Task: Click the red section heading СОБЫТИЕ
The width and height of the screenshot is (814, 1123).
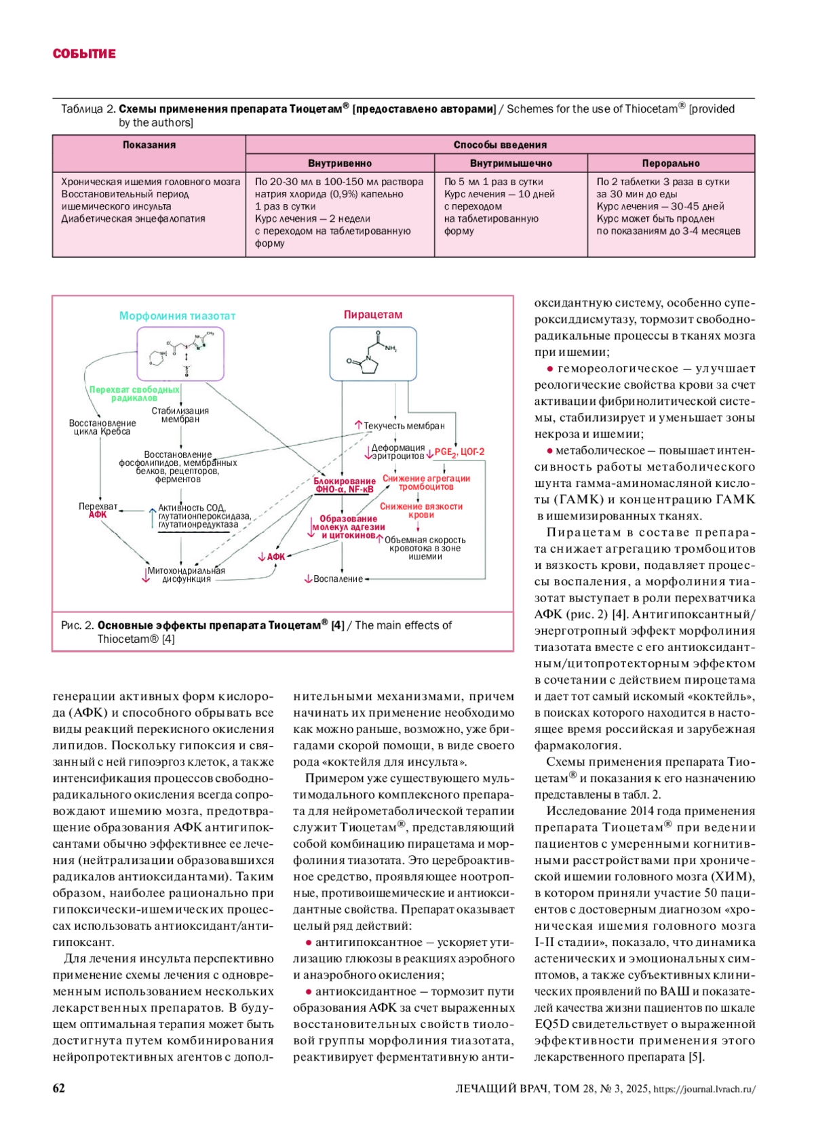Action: (84, 54)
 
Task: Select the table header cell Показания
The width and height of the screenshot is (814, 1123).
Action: (149, 144)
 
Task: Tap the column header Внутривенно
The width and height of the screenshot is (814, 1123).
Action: (340, 163)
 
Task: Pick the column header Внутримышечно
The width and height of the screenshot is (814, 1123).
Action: (511, 163)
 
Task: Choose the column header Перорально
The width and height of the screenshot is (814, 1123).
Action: (670, 163)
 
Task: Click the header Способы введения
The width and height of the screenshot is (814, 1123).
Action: (500, 144)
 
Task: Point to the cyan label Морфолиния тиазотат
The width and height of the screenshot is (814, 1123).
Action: (178, 315)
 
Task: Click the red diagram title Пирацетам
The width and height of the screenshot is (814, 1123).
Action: (372, 315)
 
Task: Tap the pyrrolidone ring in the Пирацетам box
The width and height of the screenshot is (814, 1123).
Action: (367, 365)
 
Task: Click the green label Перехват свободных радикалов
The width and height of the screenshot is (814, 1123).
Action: (134, 394)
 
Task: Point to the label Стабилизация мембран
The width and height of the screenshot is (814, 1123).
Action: (180, 415)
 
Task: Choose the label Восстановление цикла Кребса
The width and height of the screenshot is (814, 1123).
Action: (102, 427)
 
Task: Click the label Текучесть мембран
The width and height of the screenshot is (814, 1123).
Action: (404, 426)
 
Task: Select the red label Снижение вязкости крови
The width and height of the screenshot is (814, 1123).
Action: (421, 510)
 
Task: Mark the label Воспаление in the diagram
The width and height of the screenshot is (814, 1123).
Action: (338, 579)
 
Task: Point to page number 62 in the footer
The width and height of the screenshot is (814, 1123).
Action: (59, 1088)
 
